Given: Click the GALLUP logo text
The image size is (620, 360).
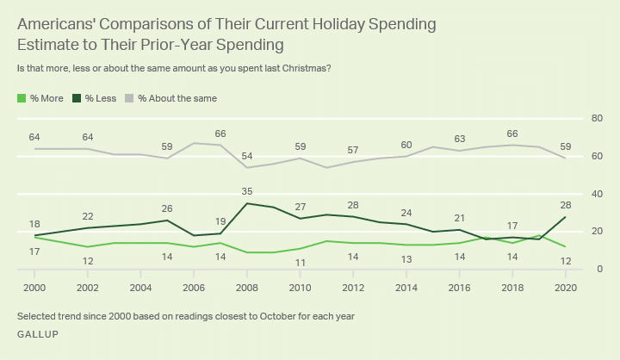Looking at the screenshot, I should coord(37,333).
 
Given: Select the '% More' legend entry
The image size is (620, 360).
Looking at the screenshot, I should coord(44,98).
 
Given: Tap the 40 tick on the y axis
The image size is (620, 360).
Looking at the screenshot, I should coord(594,194).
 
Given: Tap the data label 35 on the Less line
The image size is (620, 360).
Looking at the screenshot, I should coord(248,192).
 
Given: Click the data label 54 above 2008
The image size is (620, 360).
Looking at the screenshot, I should coord(248,156).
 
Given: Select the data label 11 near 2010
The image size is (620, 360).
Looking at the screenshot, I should coord(301,262).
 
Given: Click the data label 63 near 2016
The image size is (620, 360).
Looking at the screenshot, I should coord(460,139).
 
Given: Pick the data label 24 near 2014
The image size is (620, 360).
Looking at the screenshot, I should coord(406,213).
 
